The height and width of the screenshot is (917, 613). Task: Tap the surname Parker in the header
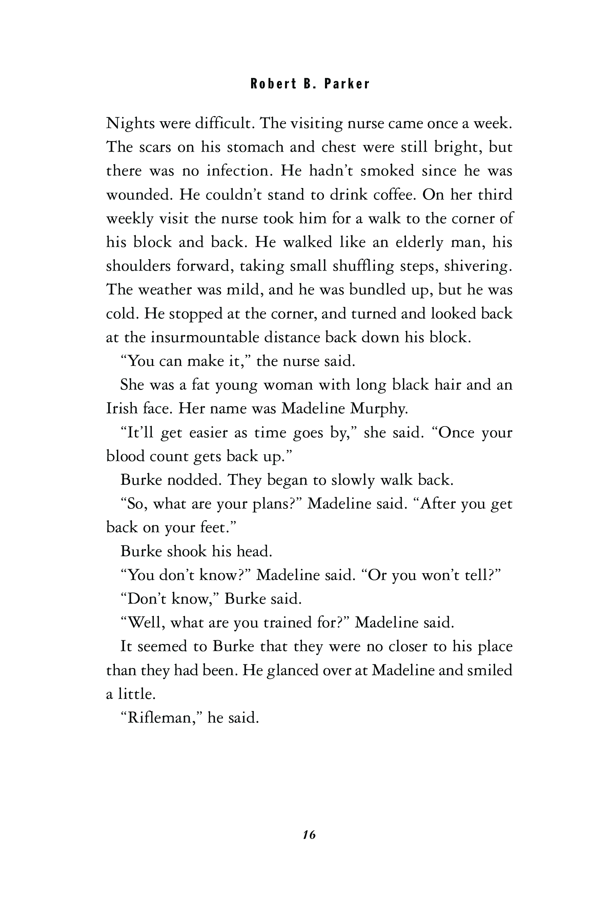coord(346,84)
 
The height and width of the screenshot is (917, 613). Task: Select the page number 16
coord(309,835)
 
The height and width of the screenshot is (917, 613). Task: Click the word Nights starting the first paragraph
coord(130,124)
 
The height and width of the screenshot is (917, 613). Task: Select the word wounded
coord(139,195)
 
